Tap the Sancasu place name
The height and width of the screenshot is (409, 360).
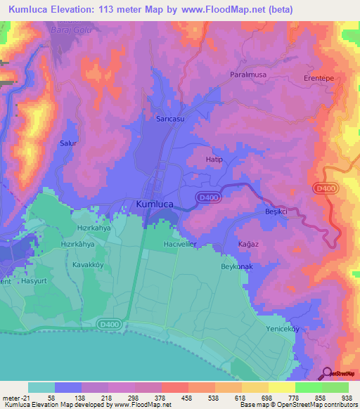[170, 119]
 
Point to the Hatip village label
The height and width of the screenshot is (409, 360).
[214, 160]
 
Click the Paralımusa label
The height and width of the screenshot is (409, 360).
[250, 74]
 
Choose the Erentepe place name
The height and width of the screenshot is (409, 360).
[319, 77]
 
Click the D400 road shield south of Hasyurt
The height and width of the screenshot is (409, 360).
[108, 324]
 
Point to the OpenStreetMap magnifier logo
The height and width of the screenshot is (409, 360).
[327, 372]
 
